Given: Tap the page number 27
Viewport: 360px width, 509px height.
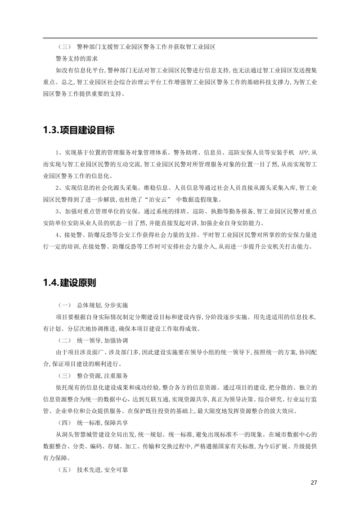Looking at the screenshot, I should [x=314, y=483].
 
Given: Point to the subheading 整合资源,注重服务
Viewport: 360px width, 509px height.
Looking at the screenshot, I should [x=103, y=375].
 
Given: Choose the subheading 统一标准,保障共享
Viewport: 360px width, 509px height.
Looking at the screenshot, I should [x=103, y=423].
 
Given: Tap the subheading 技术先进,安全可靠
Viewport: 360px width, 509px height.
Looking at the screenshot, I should [x=103, y=470].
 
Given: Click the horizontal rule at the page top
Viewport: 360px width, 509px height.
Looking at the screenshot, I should [x=180, y=38].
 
